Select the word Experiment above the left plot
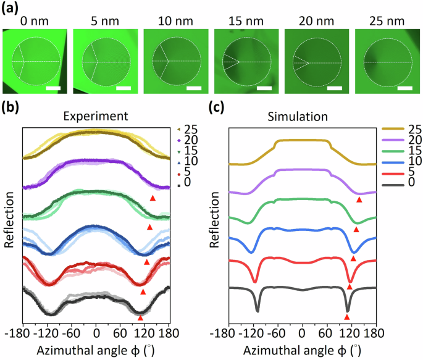[96, 115]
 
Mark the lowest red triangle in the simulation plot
[347, 317]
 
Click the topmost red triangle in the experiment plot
[153, 198]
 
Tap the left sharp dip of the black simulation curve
[258, 309]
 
